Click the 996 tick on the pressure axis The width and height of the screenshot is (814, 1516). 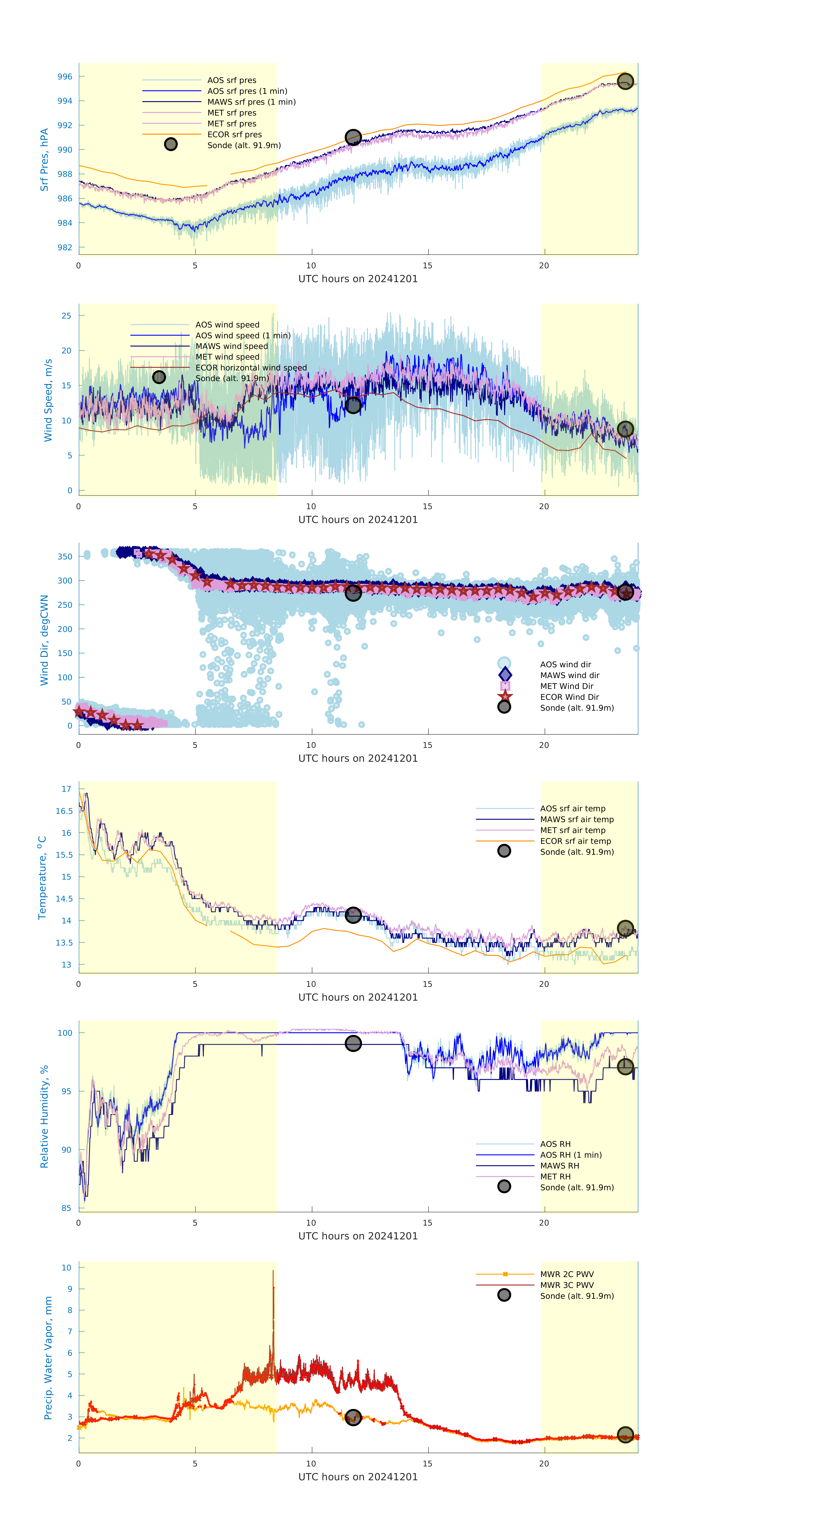[x=65, y=77]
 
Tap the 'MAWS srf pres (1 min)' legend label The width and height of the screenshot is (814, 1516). [x=251, y=102]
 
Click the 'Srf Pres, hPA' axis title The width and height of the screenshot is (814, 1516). [x=44, y=160]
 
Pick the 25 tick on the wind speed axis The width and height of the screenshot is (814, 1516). [x=67, y=316]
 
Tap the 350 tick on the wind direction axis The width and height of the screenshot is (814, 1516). [x=65, y=556]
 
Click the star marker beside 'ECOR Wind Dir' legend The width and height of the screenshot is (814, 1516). [x=504, y=697]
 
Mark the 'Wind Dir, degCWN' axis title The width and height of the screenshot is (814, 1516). [x=44, y=640]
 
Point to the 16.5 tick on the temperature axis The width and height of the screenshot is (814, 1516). [x=64, y=811]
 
